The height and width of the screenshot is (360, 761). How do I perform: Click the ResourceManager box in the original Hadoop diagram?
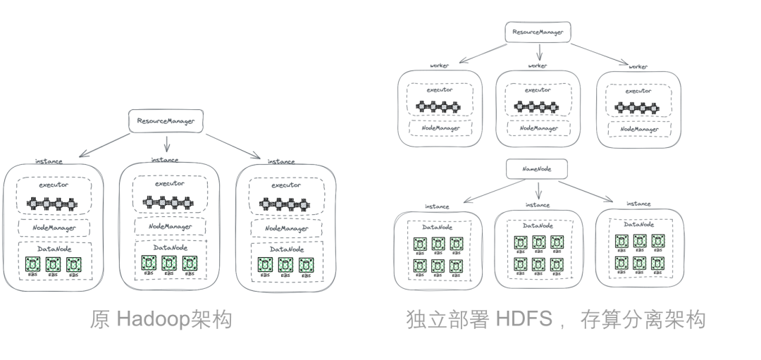166,121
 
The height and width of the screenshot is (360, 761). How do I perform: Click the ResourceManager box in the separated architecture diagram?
538,32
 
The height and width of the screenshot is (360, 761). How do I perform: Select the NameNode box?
537,169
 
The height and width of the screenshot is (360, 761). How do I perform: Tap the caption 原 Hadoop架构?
161,321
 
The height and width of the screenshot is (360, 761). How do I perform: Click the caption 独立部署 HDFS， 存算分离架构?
555,321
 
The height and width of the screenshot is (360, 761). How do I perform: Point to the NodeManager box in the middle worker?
539,129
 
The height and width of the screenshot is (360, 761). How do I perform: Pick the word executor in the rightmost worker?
638,91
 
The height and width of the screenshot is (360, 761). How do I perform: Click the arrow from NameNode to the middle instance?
538,190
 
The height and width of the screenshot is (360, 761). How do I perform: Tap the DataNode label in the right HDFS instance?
638,224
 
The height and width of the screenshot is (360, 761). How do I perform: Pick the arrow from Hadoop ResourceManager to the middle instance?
167,144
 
